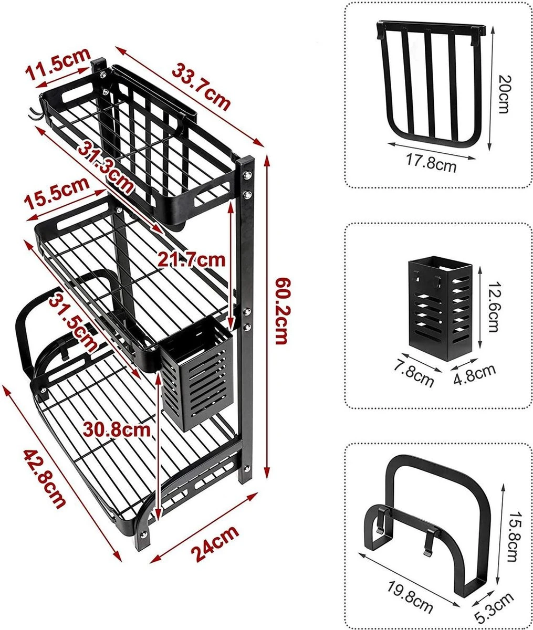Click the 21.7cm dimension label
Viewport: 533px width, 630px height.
[191, 259]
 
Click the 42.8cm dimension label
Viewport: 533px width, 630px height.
[44, 477]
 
